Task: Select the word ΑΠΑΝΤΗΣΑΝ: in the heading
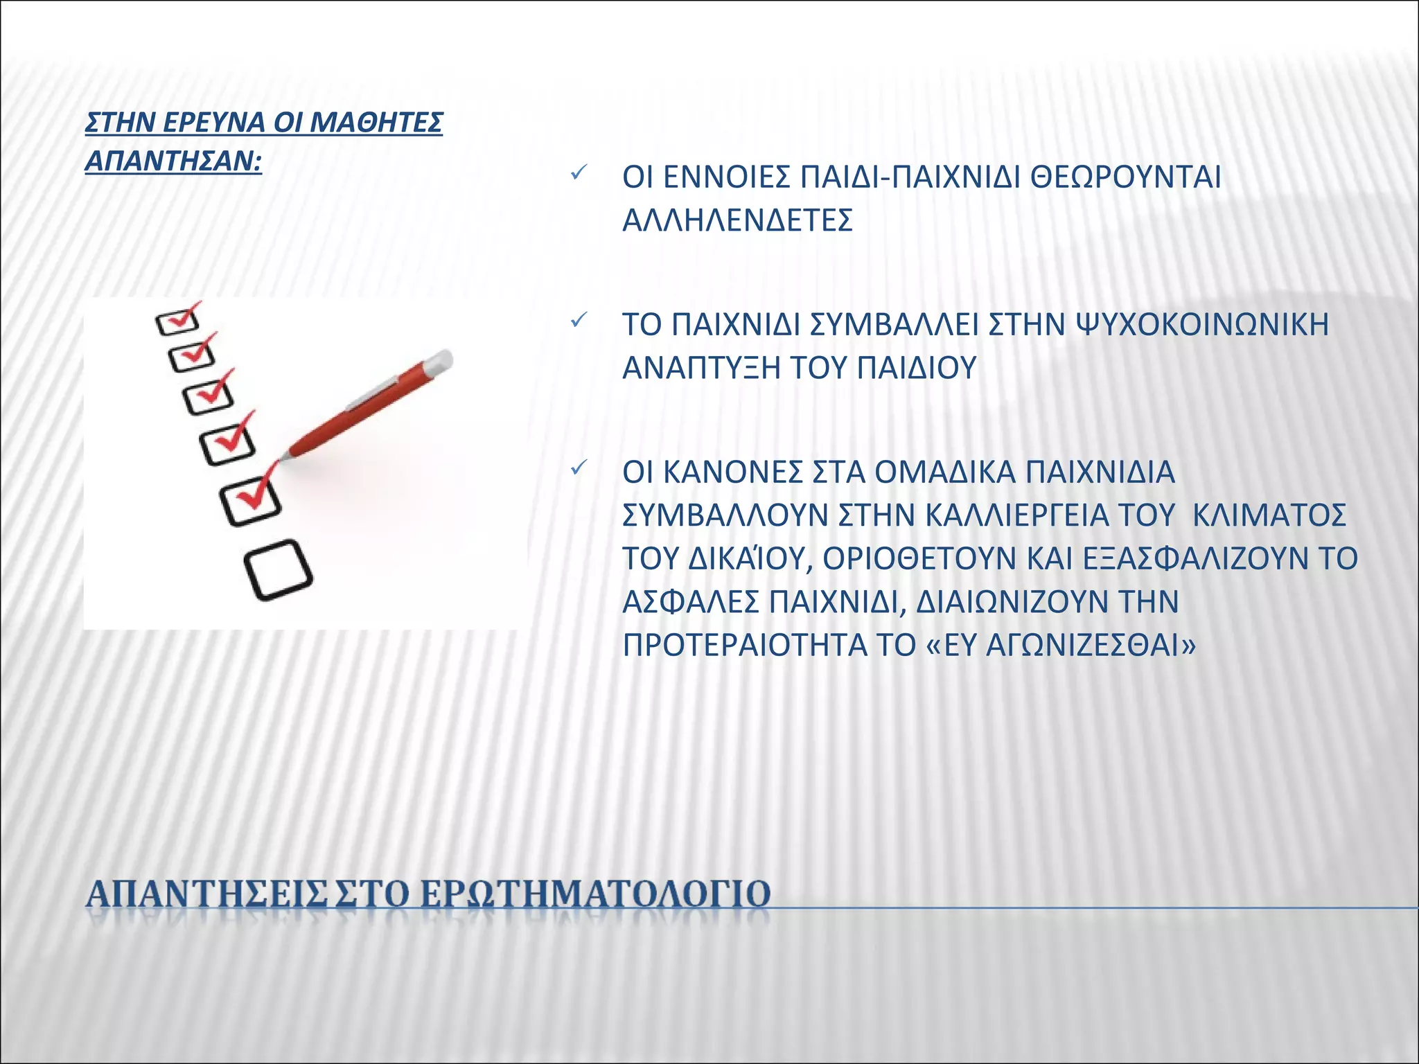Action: point(173,161)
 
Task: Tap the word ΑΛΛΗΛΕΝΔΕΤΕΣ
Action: point(737,221)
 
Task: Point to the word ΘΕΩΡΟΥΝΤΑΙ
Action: point(1126,178)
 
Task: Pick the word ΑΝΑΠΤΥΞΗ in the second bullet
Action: point(701,368)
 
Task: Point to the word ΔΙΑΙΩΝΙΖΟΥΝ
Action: point(1047,602)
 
